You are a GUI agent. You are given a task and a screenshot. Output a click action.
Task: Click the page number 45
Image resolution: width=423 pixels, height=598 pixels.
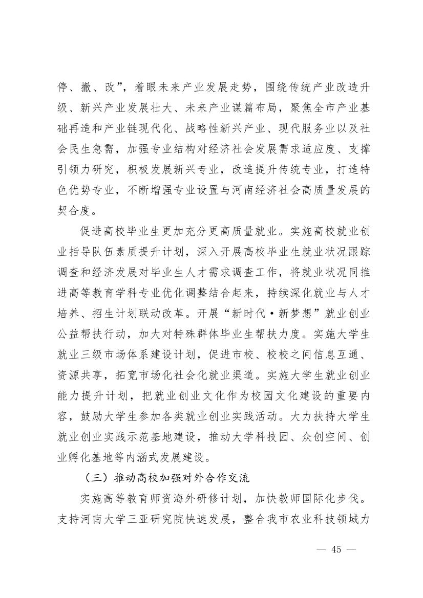click(336, 549)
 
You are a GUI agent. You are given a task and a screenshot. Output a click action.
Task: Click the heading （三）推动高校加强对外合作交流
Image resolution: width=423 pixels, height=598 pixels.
click(167, 479)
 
